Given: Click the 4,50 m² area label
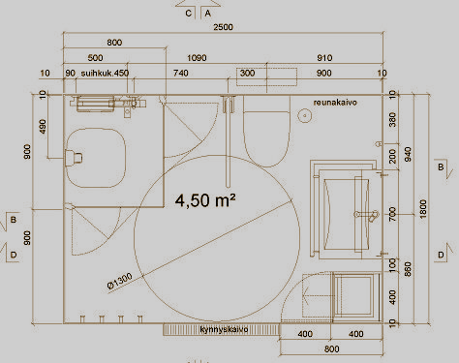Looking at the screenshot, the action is coord(205,200).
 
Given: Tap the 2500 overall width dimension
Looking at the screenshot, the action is coord(223,27).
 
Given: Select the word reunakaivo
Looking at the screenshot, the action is coord(335,103).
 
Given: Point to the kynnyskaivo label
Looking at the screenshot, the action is coord(224,329).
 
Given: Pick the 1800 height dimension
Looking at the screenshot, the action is coord(423,209).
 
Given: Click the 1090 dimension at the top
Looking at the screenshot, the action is coord(197,58).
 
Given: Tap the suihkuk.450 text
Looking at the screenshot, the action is coord(105,73).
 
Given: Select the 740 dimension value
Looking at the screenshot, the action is coord(180,74).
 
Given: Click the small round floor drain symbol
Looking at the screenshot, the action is coord(305,115).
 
